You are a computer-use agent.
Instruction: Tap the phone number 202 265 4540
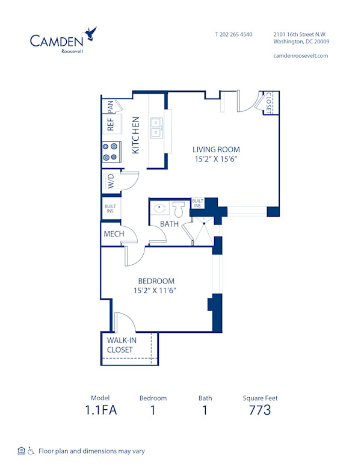pos(234,34)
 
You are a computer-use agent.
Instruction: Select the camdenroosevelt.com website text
pos(301,55)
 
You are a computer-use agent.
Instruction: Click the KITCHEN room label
pos(136,135)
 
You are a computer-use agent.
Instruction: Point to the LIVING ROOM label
pos(216,150)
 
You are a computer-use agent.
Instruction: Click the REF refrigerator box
pos(111,124)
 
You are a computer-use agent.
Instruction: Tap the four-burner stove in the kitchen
pos(110,151)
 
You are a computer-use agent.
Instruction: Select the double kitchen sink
pos(156,127)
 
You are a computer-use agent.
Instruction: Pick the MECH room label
pos(114,234)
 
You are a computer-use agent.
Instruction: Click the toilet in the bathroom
pos(179,210)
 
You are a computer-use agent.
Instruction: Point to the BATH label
pos(169,224)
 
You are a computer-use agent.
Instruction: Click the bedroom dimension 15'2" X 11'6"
pos(156,291)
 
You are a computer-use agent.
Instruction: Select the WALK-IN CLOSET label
pos(122,345)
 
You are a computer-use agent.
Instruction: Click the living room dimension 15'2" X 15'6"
pos(216,159)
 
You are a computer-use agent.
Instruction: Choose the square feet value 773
pos(260,410)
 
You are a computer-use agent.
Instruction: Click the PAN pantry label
pos(111,106)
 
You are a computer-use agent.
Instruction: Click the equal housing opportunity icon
pos(22,450)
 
